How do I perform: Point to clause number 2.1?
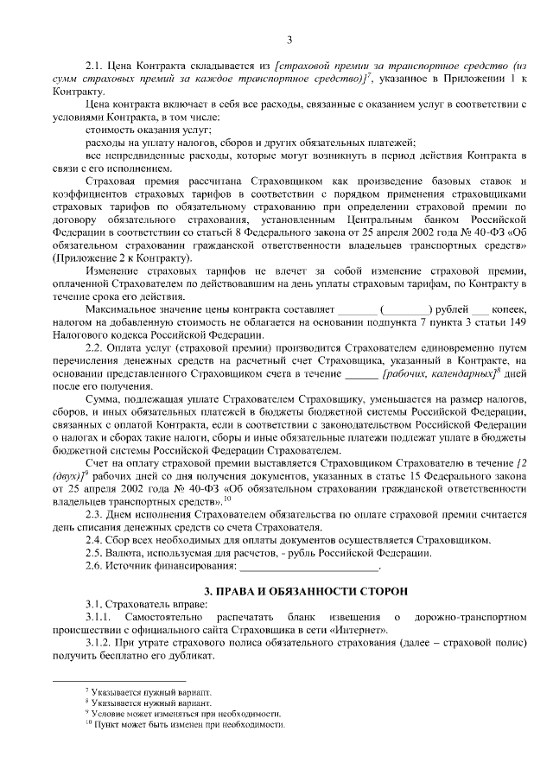[x=93, y=66]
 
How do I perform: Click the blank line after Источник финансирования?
[x=308, y=566]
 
